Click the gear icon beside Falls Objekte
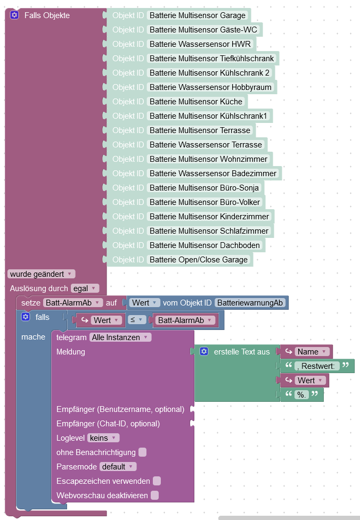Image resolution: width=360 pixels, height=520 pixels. pyautogui.click(x=14, y=15)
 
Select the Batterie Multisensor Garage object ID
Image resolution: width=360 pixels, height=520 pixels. pyautogui.click(x=198, y=15)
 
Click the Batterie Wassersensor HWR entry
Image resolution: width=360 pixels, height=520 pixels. pyautogui.click(x=202, y=44)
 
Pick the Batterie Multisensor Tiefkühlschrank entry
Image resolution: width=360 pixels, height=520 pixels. pyautogui.click(x=211, y=59)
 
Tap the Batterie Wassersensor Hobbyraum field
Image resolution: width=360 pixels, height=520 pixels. pyautogui.click(x=210, y=87)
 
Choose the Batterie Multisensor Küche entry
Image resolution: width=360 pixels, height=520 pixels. pyautogui.click(x=195, y=102)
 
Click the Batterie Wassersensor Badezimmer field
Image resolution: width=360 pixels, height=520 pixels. pyautogui.click(x=213, y=174)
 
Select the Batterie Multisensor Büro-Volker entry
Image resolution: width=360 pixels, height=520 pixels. pyautogui.click(x=204, y=202)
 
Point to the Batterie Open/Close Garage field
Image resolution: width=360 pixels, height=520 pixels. pyautogui.click(x=199, y=260)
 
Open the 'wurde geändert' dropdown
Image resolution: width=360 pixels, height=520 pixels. pyautogui.click(x=41, y=274)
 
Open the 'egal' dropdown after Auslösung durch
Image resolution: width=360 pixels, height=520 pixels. pyautogui.click(x=85, y=288)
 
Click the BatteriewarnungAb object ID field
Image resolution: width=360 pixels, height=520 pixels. pyautogui.click(x=250, y=303)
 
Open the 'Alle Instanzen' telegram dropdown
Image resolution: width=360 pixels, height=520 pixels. pyautogui.click(x=120, y=337)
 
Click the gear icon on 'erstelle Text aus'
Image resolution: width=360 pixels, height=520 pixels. pyautogui.click(x=204, y=352)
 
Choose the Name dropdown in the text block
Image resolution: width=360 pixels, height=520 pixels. pyautogui.click(x=312, y=352)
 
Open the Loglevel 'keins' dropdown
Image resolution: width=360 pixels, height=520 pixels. pyautogui.click(x=103, y=438)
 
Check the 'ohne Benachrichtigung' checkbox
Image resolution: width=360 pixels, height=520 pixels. pyautogui.click(x=142, y=452)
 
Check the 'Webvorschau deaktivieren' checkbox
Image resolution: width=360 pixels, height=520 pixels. pyautogui.click(x=154, y=496)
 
